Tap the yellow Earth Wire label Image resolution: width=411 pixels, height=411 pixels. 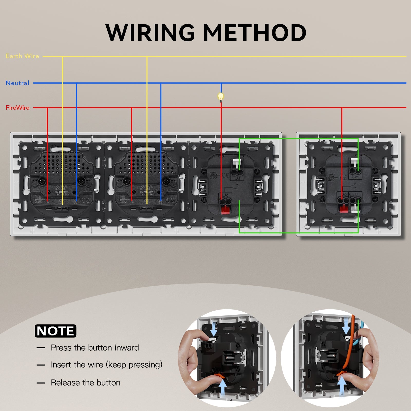(22, 56)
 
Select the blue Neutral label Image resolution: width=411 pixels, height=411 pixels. (17, 83)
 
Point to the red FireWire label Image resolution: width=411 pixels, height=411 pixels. (17, 108)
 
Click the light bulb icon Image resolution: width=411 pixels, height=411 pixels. (220, 97)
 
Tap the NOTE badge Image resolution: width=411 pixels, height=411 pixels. (55, 331)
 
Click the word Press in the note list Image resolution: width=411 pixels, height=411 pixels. (61, 348)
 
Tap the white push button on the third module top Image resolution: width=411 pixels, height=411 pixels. (237, 163)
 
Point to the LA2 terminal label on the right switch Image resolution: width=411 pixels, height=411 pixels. (355, 177)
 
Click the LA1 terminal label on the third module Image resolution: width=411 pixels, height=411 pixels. (237, 178)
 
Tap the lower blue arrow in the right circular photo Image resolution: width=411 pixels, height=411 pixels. (342, 385)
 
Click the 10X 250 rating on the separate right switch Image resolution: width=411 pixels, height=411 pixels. (331, 178)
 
